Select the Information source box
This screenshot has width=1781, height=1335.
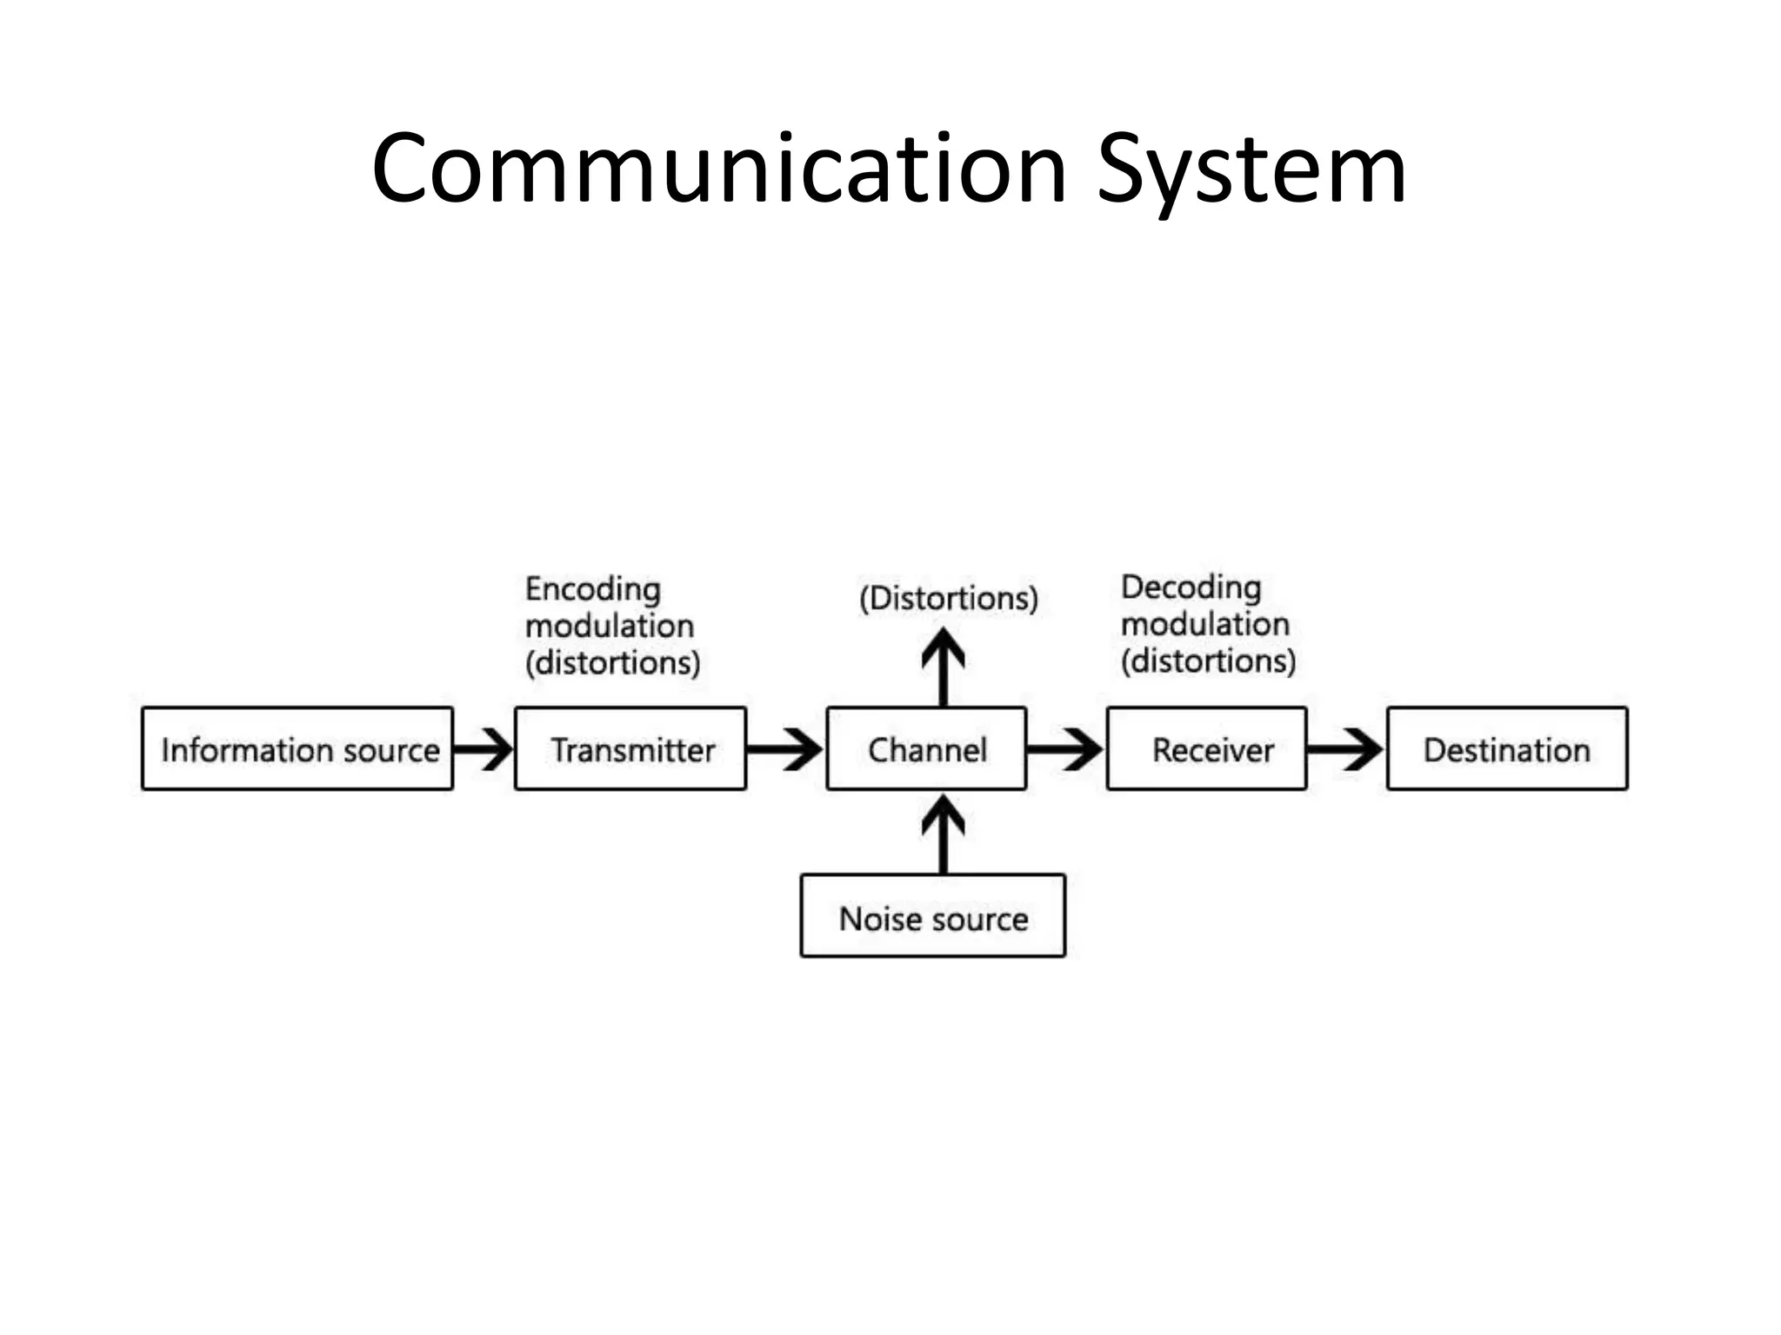pyautogui.click(x=297, y=749)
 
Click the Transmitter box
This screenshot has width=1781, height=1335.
pyautogui.click(x=630, y=749)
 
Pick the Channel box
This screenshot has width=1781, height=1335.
pyautogui.click(x=926, y=749)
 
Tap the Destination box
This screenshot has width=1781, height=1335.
pyautogui.click(x=1506, y=749)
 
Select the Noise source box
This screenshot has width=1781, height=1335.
pyautogui.click(x=932, y=917)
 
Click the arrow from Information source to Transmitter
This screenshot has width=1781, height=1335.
pyautogui.click(x=484, y=749)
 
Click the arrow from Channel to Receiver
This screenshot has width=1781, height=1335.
pyautogui.click(x=1065, y=749)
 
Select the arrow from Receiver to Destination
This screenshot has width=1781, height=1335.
pyautogui.click(x=1345, y=749)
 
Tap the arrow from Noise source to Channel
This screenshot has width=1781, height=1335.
pyautogui.click(x=944, y=834)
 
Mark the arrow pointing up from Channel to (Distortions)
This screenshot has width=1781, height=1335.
pyautogui.click(x=944, y=667)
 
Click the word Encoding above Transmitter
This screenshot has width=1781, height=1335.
pyautogui.click(x=592, y=590)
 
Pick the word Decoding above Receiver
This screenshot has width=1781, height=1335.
pyautogui.click(x=1191, y=588)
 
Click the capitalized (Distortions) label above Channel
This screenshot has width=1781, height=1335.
pyautogui.click(x=949, y=598)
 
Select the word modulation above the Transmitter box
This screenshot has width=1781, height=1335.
pyautogui.click(x=609, y=627)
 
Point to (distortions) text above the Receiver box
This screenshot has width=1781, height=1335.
pyautogui.click(x=1208, y=661)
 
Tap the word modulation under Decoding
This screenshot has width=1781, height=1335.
pyautogui.click(x=1204, y=625)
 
